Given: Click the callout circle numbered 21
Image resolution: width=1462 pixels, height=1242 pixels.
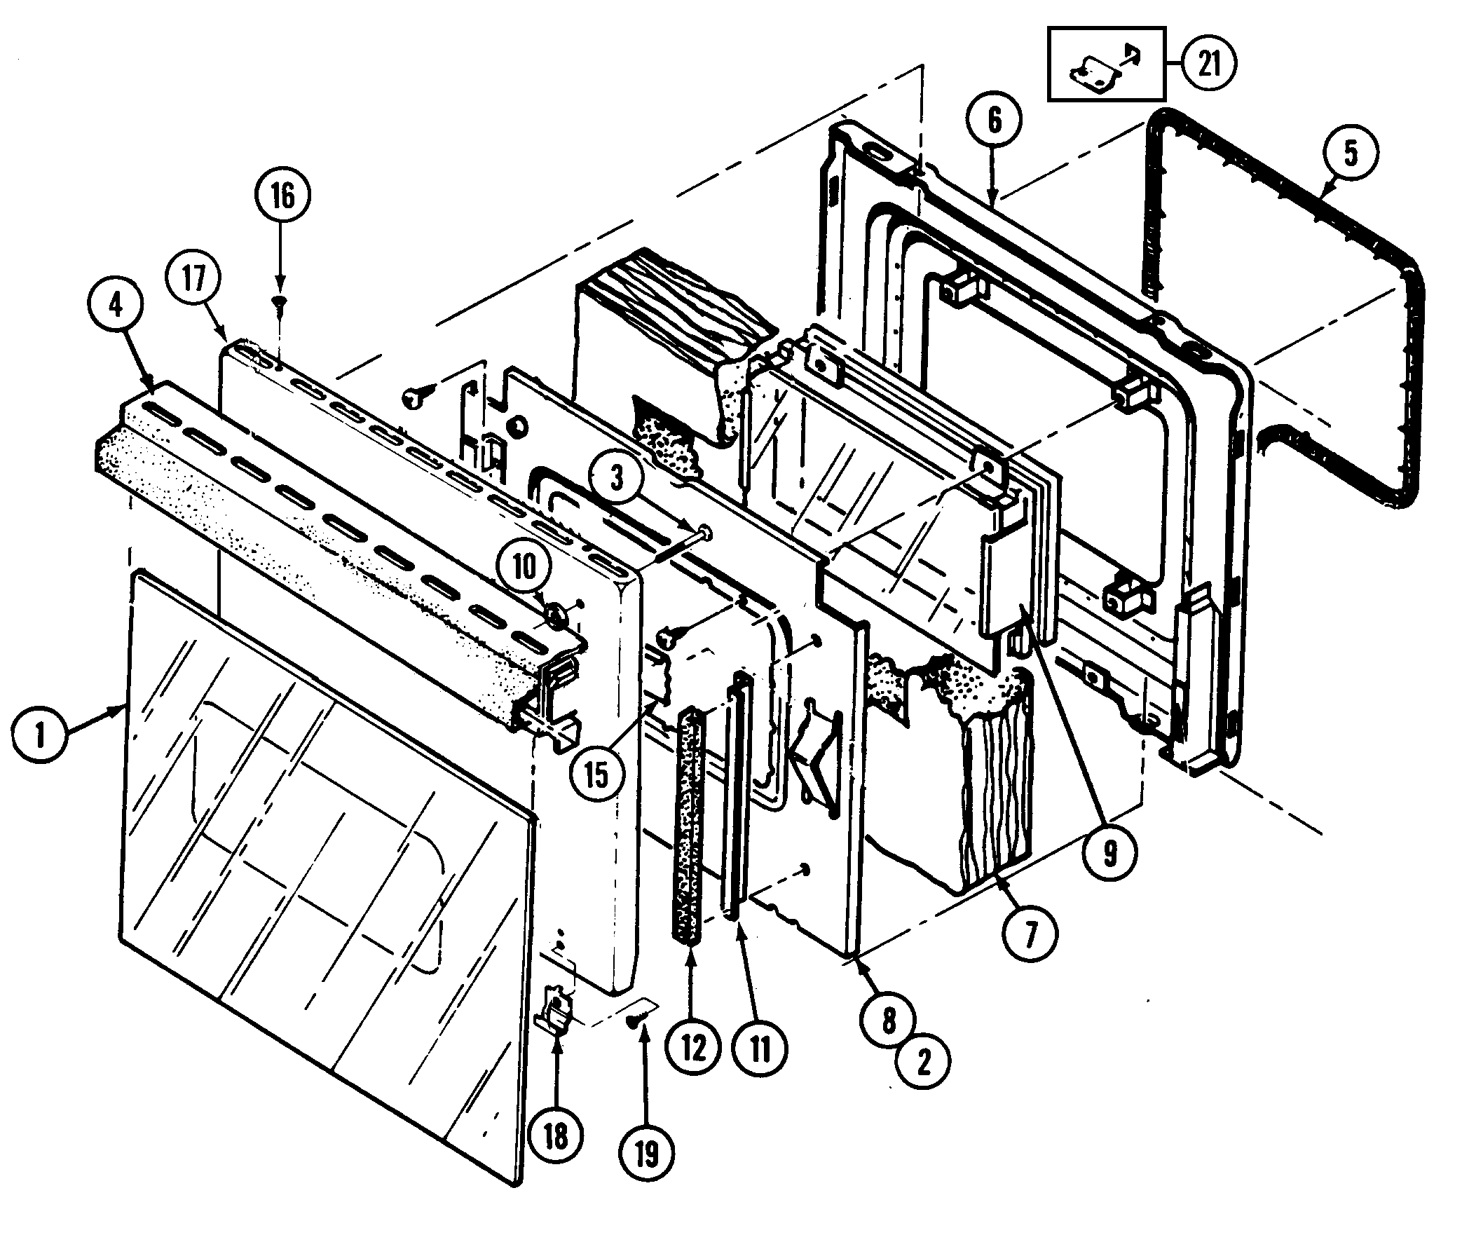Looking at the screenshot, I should point(1208,64).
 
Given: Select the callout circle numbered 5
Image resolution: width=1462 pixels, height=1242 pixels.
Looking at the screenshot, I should point(1350,152).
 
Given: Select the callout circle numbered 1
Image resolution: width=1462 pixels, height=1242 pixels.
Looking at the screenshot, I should point(39,735).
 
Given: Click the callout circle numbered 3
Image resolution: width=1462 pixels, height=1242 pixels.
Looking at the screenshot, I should point(617,477).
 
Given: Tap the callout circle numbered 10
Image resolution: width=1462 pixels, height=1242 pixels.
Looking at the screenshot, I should point(524,566).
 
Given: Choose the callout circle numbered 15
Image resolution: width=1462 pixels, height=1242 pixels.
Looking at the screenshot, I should point(596,774).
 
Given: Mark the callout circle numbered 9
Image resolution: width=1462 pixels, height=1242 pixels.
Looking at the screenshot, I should point(1110,853).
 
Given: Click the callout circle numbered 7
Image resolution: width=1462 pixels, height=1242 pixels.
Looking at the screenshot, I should point(1030,934).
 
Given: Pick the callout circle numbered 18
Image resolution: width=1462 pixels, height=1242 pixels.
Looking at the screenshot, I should point(555,1135).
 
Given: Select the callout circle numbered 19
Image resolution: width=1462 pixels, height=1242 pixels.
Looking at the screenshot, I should point(646,1153).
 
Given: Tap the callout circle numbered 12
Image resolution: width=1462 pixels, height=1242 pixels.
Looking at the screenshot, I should point(693,1048).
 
